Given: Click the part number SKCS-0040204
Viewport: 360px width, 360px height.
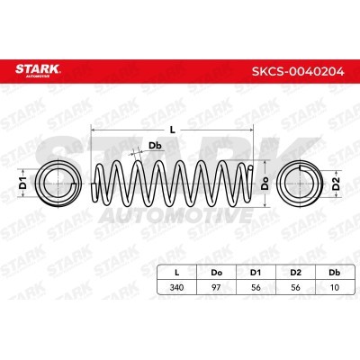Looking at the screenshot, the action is click(x=298, y=72).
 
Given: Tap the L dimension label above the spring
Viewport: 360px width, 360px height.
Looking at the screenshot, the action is click(x=172, y=130).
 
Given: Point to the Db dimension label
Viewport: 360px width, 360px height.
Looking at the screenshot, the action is click(x=156, y=146).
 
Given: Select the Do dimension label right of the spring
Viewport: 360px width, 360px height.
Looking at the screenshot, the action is click(x=265, y=184).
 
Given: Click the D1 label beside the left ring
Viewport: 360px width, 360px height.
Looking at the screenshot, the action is click(x=23, y=183).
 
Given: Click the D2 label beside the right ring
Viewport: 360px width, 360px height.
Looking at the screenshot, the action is click(x=337, y=184).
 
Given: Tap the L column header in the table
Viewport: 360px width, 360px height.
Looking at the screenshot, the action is click(x=177, y=273).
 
